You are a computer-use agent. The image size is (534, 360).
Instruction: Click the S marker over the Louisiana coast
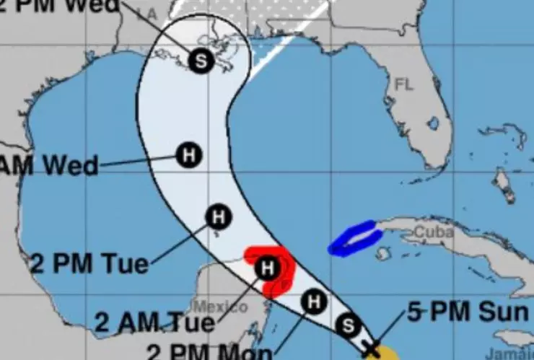click(201, 60)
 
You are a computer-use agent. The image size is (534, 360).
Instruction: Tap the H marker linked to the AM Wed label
click(188, 154)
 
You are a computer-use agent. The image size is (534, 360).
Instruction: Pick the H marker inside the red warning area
click(267, 269)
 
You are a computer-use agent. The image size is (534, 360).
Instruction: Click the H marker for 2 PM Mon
click(313, 300)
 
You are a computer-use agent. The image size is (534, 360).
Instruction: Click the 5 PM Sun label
click(468, 312)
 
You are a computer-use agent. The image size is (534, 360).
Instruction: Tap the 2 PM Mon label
click(209, 353)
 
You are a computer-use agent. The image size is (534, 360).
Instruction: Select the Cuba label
click(434, 233)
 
